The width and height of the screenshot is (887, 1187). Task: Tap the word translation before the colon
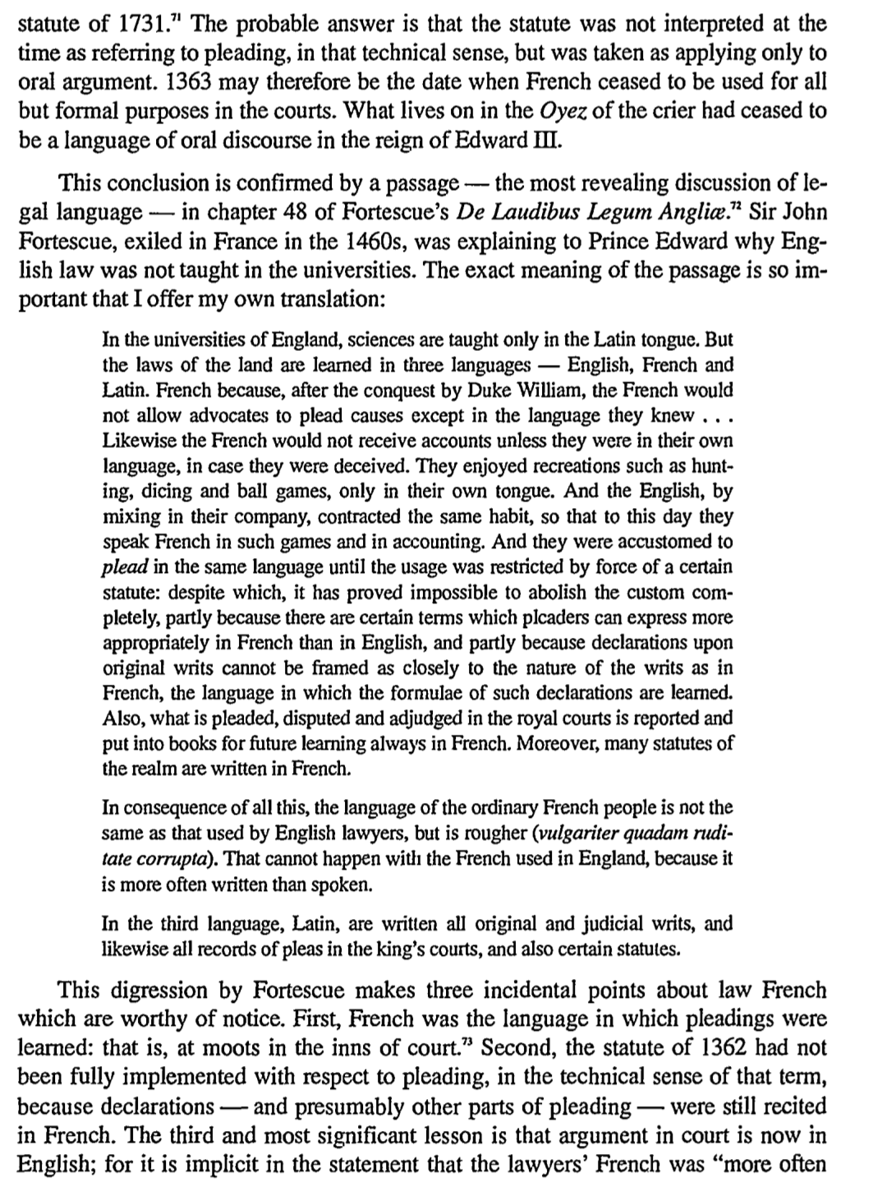[x=329, y=298]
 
